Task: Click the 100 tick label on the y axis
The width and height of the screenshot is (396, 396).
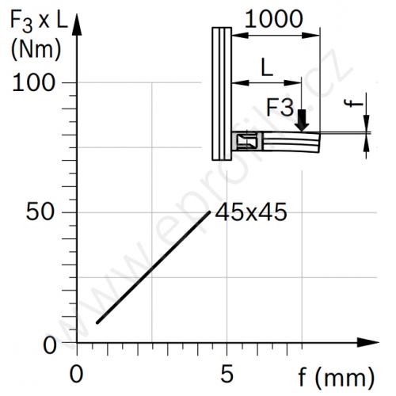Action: point(33,83)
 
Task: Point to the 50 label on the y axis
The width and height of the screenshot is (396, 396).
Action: point(40,212)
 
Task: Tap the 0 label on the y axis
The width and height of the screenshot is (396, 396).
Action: point(50,345)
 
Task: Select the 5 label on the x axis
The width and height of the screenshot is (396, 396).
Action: point(227,374)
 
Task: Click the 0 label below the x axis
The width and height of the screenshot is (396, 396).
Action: point(77,374)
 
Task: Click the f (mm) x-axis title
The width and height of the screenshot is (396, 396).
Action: point(337,378)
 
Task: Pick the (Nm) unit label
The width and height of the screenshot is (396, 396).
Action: point(36,50)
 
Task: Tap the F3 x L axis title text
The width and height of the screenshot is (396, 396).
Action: point(39,21)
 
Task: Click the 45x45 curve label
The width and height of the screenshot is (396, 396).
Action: point(251,212)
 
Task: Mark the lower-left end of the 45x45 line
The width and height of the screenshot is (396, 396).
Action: point(97,322)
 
